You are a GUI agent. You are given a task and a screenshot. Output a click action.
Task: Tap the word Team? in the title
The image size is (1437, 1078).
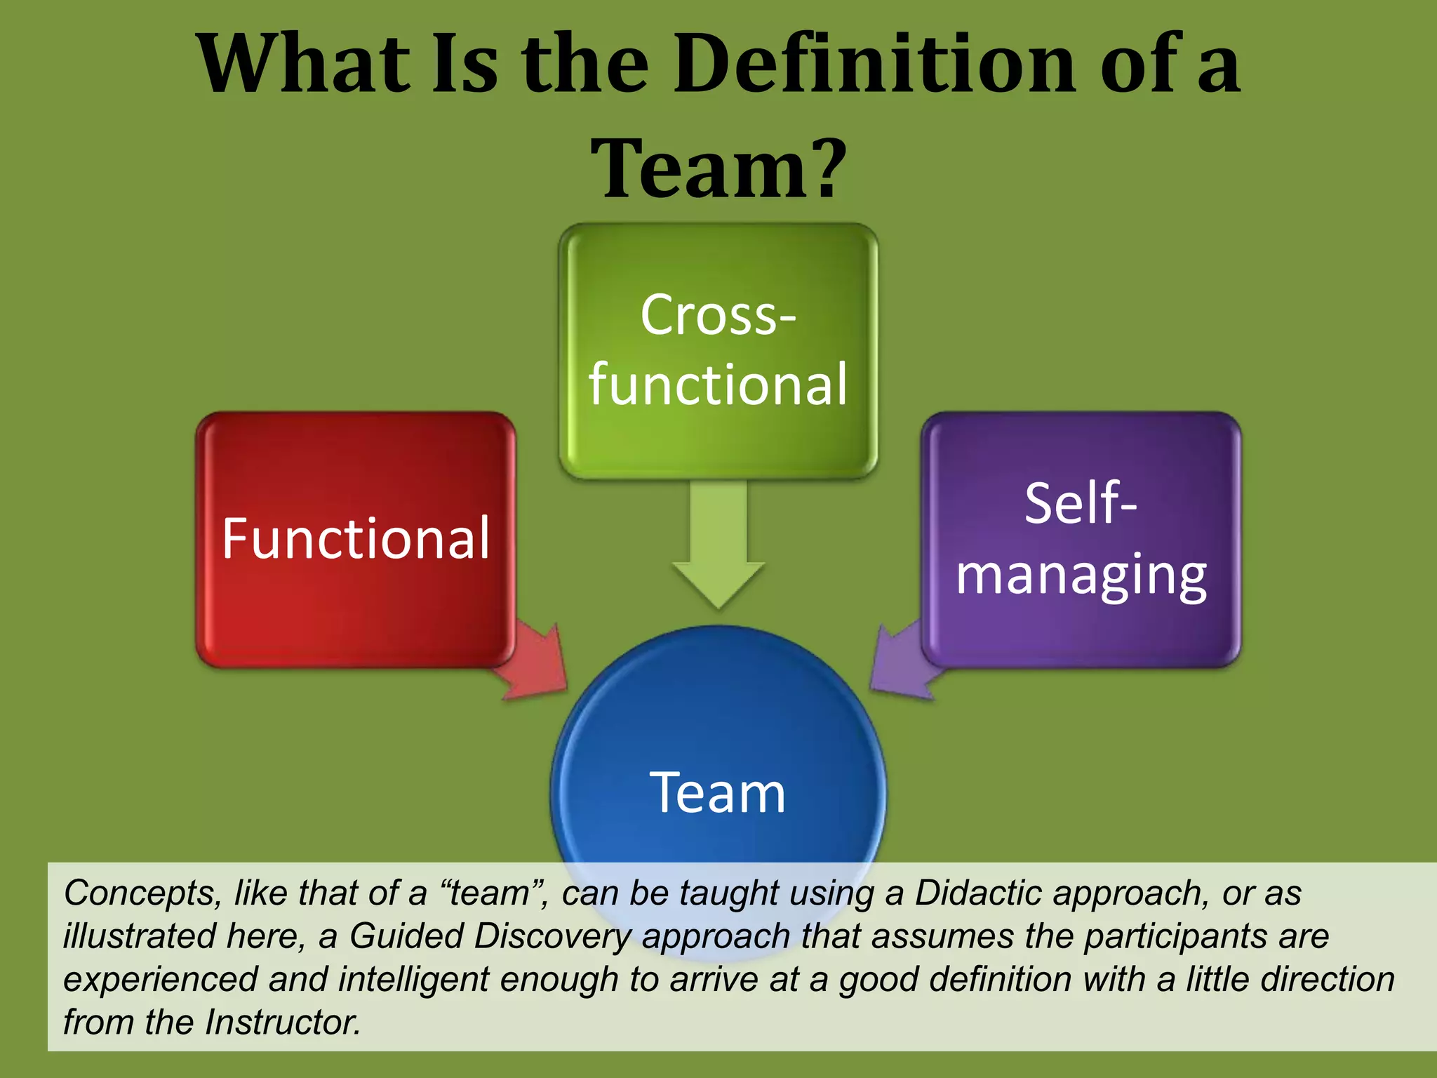tap(718, 168)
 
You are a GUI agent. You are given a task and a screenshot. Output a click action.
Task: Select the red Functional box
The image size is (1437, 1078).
tap(356, 539)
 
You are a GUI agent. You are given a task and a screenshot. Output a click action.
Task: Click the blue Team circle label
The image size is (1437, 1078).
tap(718, 793)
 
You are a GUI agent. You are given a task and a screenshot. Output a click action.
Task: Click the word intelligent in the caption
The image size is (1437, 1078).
tap(413, 979)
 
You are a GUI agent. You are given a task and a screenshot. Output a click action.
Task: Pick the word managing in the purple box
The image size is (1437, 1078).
tap(1081, 575)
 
